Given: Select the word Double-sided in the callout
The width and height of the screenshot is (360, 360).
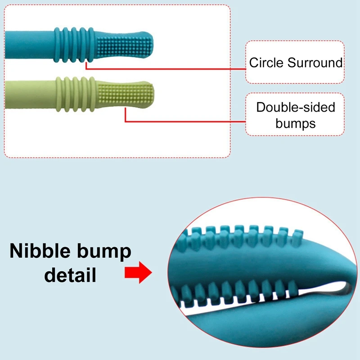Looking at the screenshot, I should click(x=296, y=108).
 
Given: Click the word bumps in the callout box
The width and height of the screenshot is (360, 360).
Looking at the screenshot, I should click(x=296, y=123).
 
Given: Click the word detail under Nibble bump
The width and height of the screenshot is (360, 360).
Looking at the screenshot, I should click(x=70, y=274).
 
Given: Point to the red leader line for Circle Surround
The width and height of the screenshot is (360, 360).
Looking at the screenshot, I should click(x=166, y=69).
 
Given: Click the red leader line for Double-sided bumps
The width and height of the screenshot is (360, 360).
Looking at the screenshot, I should click(x=184, y=121).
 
